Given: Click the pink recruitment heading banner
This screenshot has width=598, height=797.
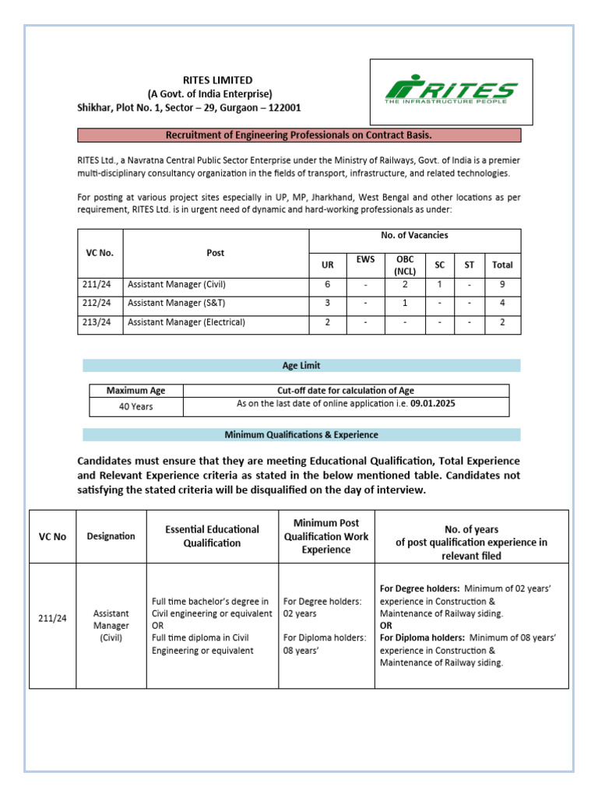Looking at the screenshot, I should click(299, 135).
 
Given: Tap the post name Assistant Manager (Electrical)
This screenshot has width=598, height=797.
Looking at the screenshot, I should click(186, 321).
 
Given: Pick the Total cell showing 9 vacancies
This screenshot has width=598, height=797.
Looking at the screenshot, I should click(502, 284).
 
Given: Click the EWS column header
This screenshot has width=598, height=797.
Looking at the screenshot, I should click(365, 259).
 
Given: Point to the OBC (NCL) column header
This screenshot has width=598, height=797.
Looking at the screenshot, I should click(405, 265).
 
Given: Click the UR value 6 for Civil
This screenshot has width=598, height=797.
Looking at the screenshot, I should click(327, 284).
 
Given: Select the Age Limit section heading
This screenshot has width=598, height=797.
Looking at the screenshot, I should click(301, 365).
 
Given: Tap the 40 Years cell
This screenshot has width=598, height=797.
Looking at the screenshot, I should click(135, 406).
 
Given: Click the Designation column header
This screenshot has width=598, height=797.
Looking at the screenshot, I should click(111, 535).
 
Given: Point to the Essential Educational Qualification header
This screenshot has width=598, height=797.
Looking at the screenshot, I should click(212, 535).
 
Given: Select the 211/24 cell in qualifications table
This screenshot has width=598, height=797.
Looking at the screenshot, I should click(53, 619).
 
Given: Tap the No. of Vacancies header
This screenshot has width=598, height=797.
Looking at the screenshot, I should click(414, 235).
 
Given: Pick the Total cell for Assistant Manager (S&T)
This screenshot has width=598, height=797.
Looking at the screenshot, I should click(502, 303).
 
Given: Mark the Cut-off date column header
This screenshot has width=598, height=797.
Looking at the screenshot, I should click(346, 391).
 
